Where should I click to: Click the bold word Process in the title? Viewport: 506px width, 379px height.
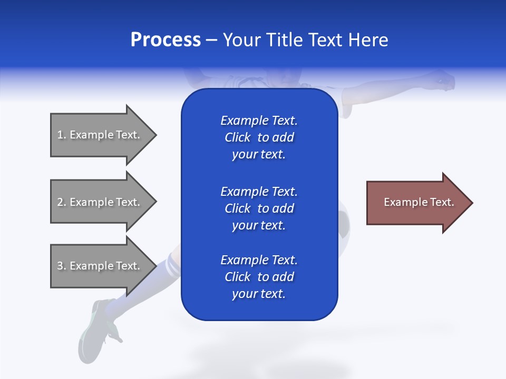coord(166,40)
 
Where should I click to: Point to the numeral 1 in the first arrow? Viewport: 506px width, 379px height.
coord(60,135)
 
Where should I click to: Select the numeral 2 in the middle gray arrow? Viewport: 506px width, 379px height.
coord(60,202)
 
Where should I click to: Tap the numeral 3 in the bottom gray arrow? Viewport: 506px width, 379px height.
coord(60,266)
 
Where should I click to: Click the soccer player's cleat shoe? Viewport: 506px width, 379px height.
coord(98,326)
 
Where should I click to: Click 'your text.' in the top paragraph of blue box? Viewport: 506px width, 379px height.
coord(258,155)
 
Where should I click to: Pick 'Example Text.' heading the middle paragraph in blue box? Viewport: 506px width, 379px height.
coord(259,192)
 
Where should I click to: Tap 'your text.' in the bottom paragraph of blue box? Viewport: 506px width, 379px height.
coord(258,294)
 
